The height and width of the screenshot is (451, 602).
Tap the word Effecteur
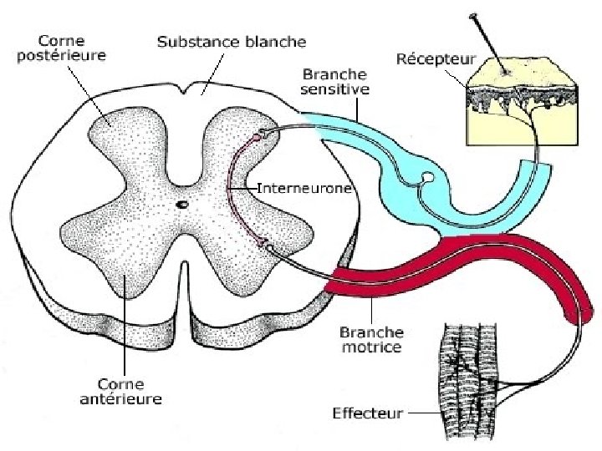369,413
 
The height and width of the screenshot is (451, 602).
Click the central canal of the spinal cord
182,203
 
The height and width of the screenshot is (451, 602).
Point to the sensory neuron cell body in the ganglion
427,177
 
